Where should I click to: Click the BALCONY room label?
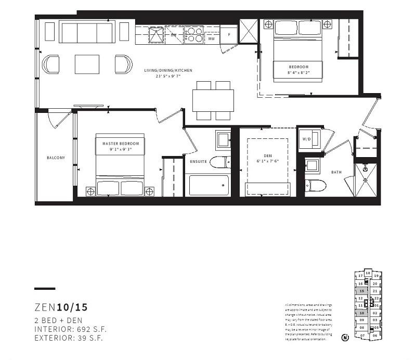[x=56, y=158]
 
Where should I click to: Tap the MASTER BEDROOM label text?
[x=121, y=143]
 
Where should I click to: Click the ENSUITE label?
[x=199, y=162]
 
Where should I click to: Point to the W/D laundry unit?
[x=306, y=139]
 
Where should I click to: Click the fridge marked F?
[x=228, y=34]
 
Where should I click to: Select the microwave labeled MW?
[x=211, y=38]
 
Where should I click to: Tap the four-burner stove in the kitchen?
[x=194, y=35]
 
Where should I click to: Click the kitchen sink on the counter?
[x=154, y=34]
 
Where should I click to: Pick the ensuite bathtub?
[x=209, y=185]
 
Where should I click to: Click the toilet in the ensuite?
[x=220, y=162]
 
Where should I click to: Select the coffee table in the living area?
[x=87, y=65]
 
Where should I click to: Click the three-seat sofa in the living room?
[x=87, y=32]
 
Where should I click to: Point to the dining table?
[x=213, y=100]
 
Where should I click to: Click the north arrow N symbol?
[x=345, y=337]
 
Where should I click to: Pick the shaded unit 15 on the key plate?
[x=361, y=292]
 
